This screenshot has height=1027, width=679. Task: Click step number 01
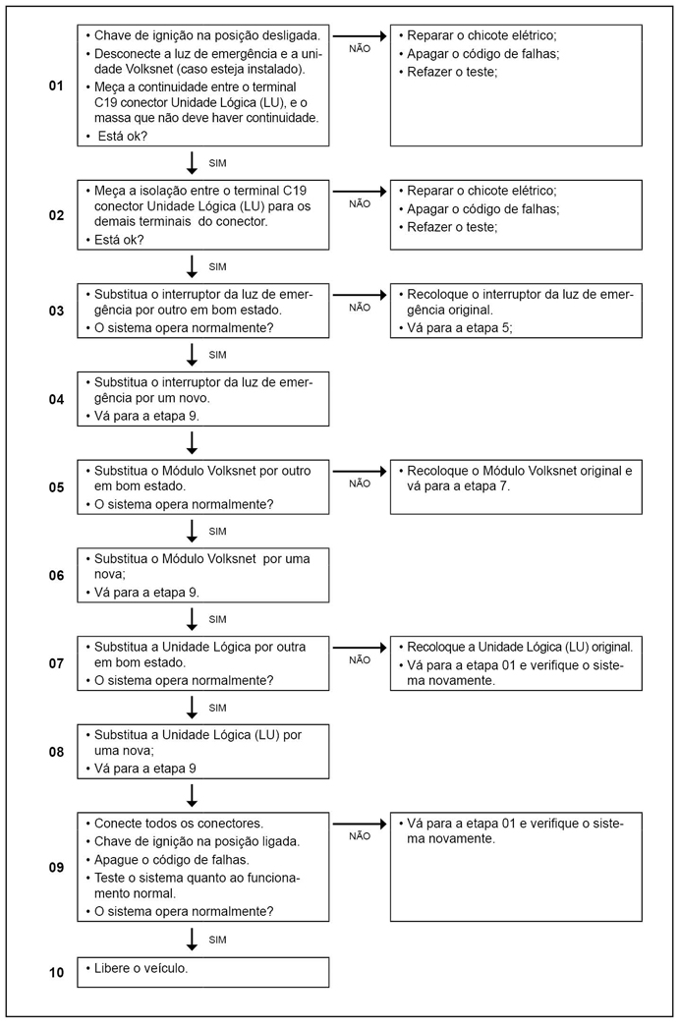pos(56,87)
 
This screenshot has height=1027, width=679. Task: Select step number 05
pos(56,487)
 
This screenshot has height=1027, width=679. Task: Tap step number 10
pos(56,973)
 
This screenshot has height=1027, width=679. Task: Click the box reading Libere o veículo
pos(203,972)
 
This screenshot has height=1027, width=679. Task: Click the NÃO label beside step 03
pos(360,308)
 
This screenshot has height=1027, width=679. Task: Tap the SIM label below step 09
pos(218,941)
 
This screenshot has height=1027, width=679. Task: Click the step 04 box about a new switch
pos(203,399)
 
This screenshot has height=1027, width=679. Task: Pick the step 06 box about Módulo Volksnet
pos(203,575)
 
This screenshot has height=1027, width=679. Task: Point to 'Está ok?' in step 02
pos(119,239)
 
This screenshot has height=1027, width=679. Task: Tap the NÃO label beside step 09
pos(360,836)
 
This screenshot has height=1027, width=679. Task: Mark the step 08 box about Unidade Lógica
pos(203,752)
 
